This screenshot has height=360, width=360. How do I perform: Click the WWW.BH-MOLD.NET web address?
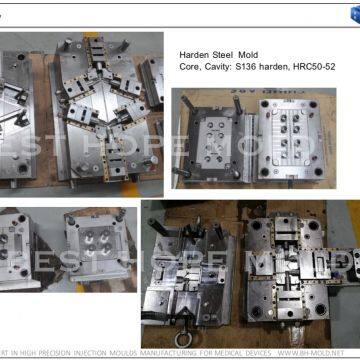point(322,353)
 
